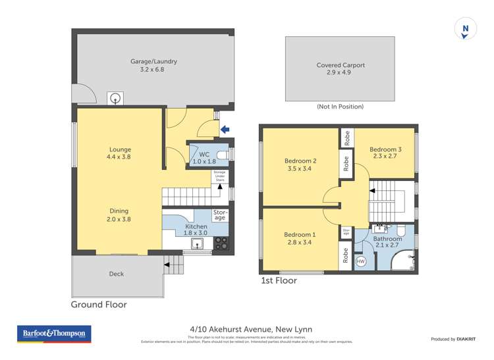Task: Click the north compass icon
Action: coord(466,30)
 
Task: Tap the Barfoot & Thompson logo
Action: coord(55,334)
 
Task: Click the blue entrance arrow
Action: coord(225,130)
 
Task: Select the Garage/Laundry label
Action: coord(153,62)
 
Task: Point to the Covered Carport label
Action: coord(341,65)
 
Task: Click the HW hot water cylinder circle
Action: coord(360,261)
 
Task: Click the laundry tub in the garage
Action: coord(115,99)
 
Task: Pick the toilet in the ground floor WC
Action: coord(223,154)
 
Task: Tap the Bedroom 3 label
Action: coord(385,149)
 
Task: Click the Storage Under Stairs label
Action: coord(219,176)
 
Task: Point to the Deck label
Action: coord(116,274)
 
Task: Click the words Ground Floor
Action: coord(99,305)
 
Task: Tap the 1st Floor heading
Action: coord(279,280)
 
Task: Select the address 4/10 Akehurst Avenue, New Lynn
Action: coord(247,329)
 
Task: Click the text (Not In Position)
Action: coord(341,107)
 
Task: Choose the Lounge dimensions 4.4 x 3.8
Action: coord(120,158)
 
